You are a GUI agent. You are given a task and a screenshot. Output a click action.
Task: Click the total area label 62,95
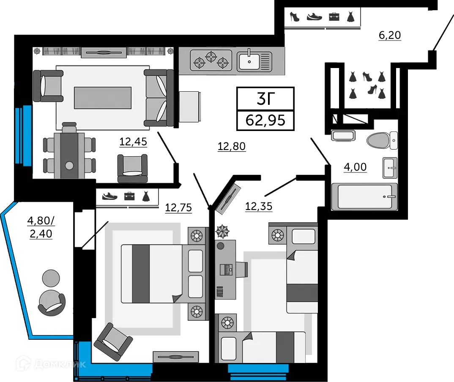(x=265, y=120)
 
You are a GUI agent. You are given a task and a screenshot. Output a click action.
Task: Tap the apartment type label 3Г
(x=265, y=99)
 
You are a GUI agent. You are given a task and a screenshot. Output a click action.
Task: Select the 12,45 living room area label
(x=133, y=142)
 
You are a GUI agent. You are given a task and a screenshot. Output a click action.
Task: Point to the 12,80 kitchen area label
(x=232, y=146)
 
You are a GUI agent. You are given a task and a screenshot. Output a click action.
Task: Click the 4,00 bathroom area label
(x=355, y=167)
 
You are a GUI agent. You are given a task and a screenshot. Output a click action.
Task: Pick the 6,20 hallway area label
(x=390, y=35)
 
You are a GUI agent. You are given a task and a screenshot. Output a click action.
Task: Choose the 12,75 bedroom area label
(x=178, y=207)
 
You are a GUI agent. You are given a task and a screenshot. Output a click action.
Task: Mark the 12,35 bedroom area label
(x=259, y=206)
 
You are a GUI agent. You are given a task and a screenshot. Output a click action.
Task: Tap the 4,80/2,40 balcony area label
(x=41, y=227)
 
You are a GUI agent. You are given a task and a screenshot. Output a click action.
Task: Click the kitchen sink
(x=254, y=61)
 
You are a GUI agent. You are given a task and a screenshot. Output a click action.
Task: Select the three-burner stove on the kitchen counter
(x=211, y=60)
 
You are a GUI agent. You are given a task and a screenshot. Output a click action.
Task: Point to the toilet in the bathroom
(x=382, y=140)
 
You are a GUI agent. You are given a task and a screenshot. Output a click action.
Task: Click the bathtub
(x=364, y=196)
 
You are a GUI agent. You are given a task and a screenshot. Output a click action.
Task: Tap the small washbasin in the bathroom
(x=390, y=168)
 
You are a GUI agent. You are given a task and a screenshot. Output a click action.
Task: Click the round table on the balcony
(x=51, y=278)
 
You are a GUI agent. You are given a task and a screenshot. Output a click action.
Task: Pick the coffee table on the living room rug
(x=103, y=98)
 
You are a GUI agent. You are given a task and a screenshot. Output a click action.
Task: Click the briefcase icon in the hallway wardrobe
(x=334, y=16)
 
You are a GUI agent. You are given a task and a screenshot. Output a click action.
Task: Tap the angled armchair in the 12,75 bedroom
(x=113, y=342)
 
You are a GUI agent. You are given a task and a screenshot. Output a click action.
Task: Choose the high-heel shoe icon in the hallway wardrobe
(x=295, y=16)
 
